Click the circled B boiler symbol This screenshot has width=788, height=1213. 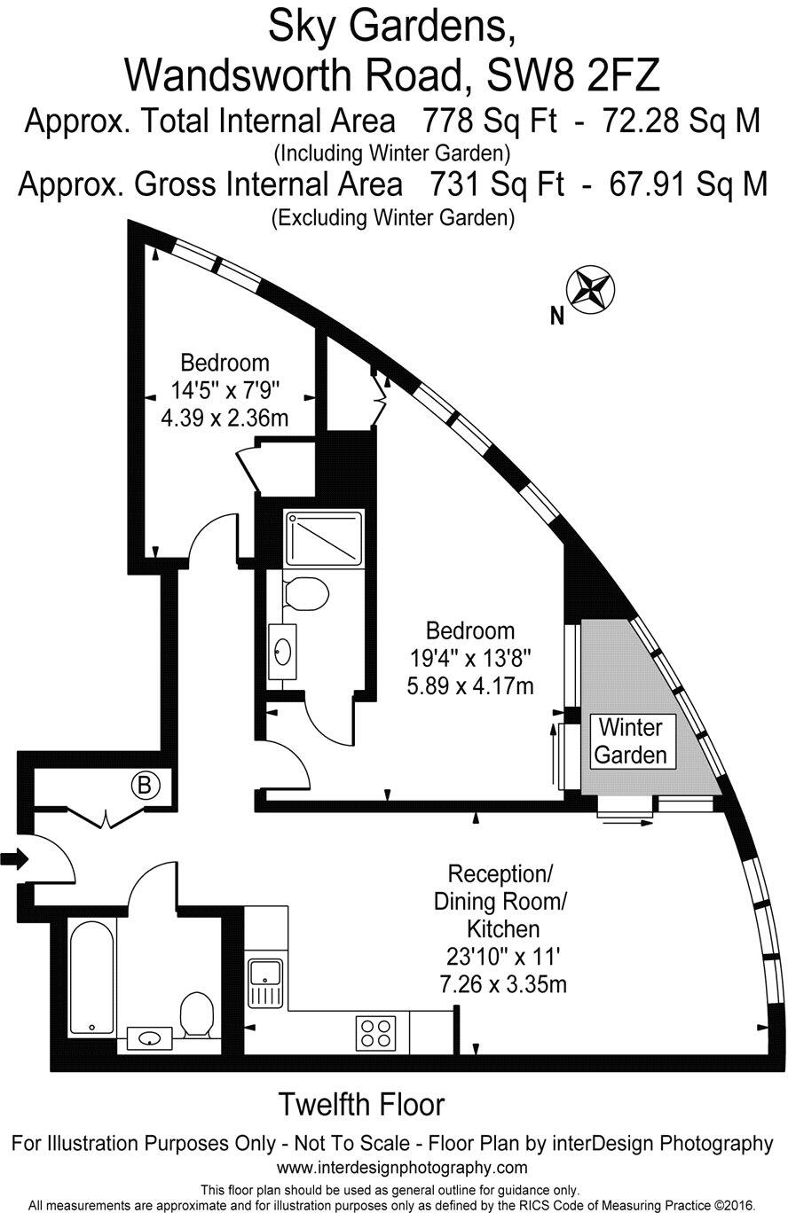pos(145,785)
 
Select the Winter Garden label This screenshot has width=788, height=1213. pos(630,741)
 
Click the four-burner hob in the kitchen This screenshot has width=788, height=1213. pos(376,1032)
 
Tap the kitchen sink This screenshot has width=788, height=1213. pos(264,982)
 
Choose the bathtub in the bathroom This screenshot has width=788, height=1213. pos(92,978)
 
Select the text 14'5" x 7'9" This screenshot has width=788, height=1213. pos(225,389)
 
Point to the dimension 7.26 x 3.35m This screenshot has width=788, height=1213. pos(503,983)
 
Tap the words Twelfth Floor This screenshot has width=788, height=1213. pos(361,1105)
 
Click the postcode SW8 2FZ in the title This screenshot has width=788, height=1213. pos(573,76)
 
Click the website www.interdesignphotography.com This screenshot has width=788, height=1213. pos(402,1167)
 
